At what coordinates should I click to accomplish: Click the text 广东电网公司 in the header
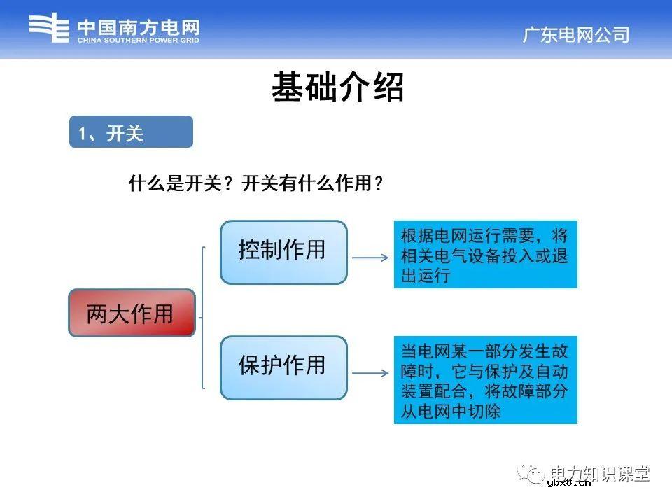point(575,35)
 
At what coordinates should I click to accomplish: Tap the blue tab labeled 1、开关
point(131,132)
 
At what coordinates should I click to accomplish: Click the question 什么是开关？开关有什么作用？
point(256,184)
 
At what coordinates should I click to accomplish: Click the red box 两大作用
point(131,313)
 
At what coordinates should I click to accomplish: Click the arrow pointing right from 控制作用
point(370,258)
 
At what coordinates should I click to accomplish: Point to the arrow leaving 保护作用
point(370,374)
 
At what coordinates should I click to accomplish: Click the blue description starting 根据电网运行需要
point(485,255)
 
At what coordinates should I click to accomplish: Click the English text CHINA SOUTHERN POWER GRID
point(138,41)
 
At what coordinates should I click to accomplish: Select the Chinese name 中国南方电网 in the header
point(138,27)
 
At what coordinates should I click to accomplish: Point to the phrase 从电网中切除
point(451,412)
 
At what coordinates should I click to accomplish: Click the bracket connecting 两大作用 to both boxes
point(202,317)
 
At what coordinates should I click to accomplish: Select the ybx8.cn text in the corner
point(568,482)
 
